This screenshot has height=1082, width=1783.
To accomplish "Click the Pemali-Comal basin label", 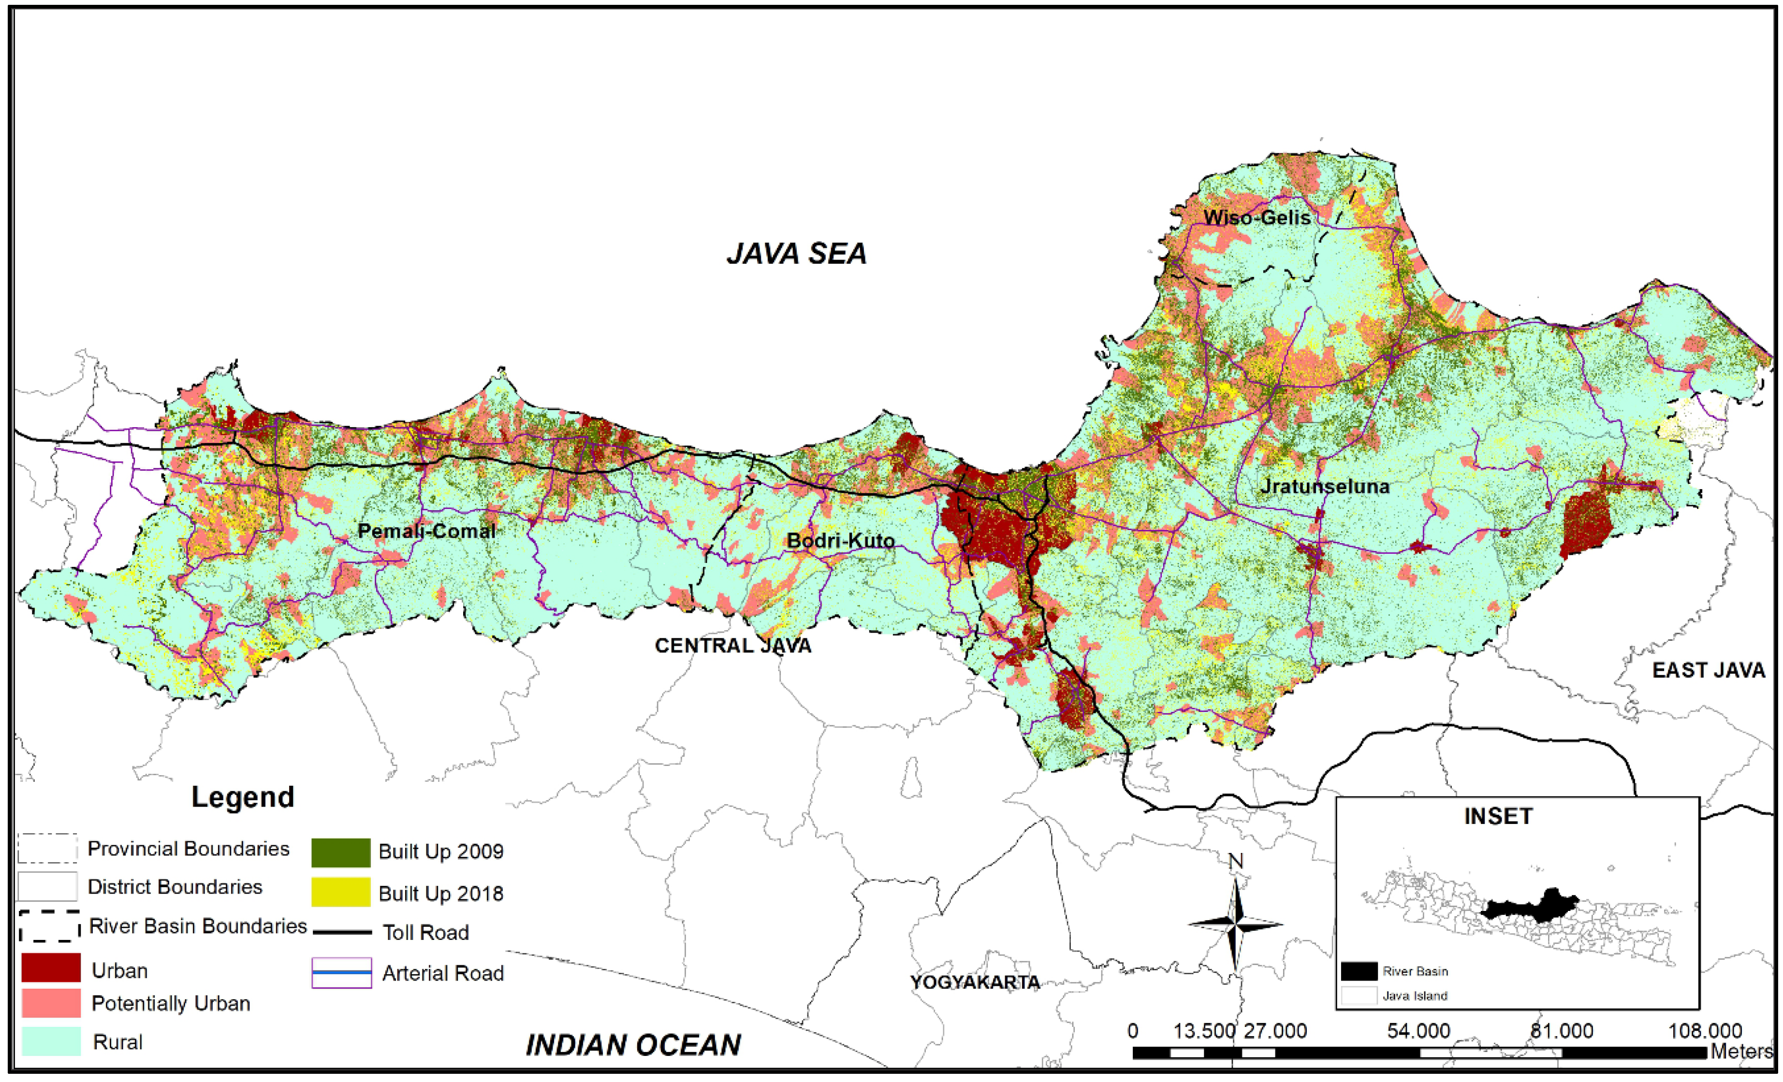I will pos(427,532).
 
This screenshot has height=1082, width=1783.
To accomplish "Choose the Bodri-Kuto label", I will pos(840,540).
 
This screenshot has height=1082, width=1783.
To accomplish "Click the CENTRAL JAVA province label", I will pos(733,645).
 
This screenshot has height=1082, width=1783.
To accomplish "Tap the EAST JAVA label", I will pos(1709,670).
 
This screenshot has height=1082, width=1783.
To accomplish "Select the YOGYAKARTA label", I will pos(975,982).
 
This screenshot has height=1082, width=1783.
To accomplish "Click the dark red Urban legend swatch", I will pos(51,968).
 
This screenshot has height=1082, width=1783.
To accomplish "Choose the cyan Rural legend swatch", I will pos(51,1041).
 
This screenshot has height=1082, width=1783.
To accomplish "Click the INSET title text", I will pos(1498,817).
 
